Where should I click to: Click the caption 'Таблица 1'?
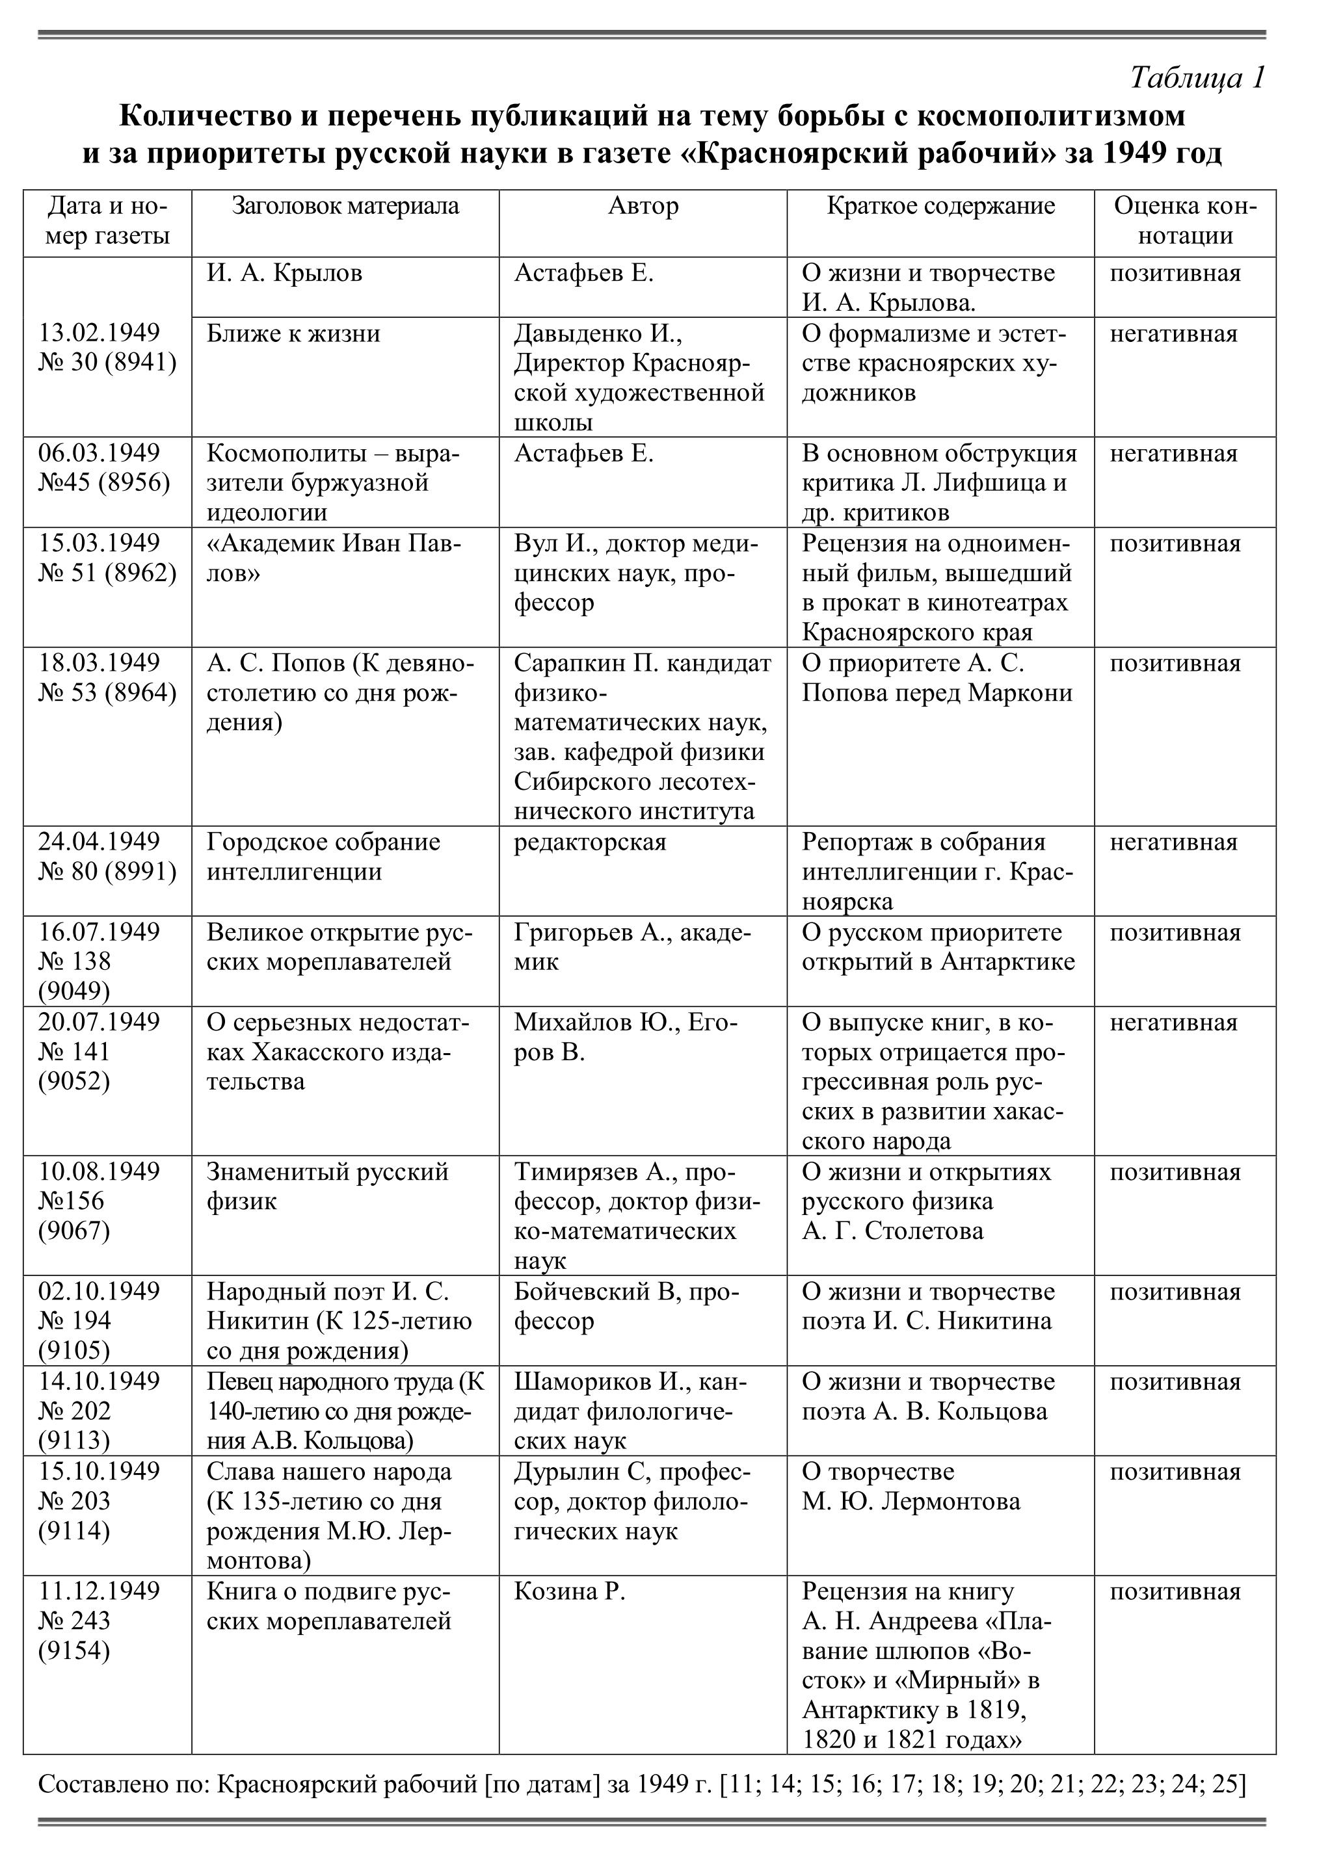tap(1196, 78)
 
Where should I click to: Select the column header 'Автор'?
tap(643, 207)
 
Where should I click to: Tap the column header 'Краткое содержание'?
tap(940, 207)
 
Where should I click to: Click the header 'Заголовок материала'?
tap(345, 207)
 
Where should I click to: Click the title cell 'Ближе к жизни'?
tap(293, 334)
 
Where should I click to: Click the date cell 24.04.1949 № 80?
tap(107, 857)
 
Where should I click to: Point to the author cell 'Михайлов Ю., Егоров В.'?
tap(626, 1038)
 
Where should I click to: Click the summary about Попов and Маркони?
tap(937, 678)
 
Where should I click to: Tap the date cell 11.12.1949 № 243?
tap(99, 1621)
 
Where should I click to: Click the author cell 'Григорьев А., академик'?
tap(633, 947)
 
